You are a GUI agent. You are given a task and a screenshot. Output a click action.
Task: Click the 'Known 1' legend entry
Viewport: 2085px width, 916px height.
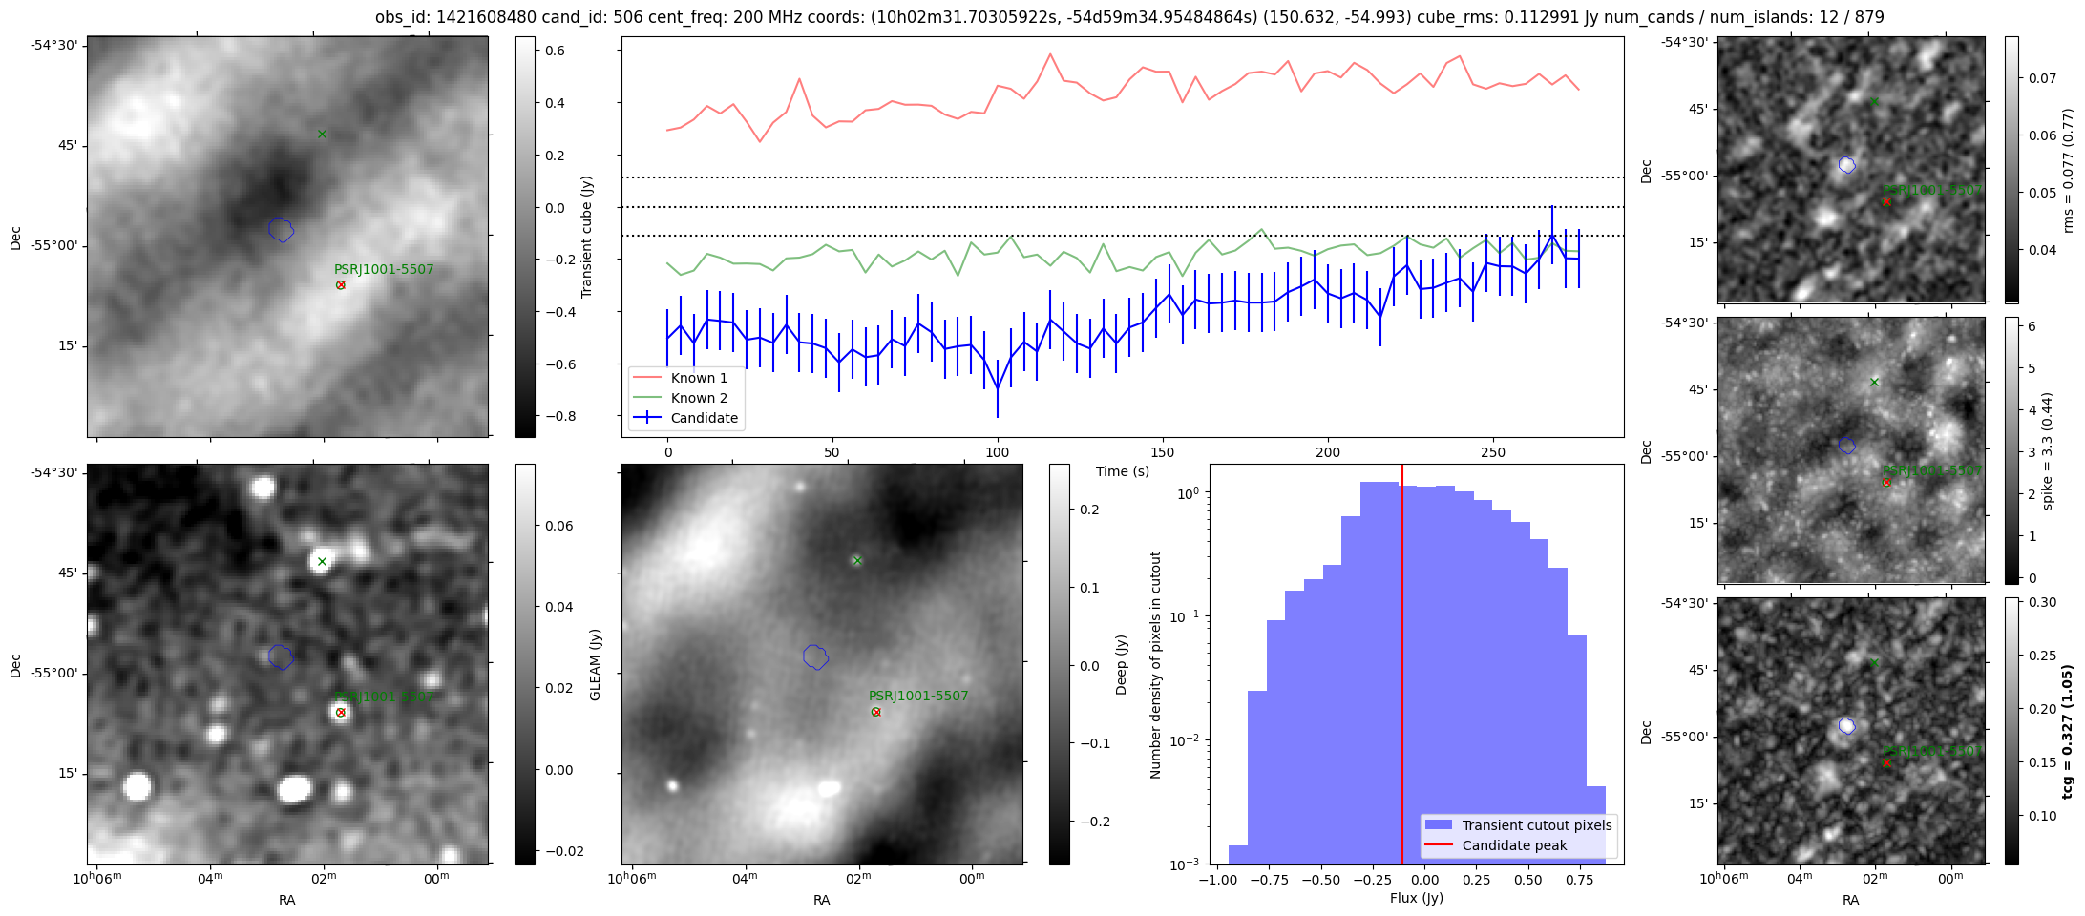coord(699,378)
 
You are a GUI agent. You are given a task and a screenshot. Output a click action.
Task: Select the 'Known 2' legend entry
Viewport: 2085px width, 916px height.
coord(699,398)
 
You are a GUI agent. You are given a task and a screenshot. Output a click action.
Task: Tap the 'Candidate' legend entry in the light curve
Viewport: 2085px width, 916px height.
coord(704,418)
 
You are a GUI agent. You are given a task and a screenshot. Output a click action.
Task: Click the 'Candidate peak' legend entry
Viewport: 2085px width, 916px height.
coord(1514,845)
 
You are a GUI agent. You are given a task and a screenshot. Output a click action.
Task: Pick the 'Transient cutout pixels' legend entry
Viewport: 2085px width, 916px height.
coord(1536,825)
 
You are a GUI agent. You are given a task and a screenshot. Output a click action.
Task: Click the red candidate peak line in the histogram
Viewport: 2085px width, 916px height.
coord(1402,668)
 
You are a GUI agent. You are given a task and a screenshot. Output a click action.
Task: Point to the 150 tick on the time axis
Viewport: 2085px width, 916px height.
coord(1163,452)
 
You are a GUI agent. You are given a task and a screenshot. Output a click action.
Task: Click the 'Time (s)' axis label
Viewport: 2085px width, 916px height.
coord(1123,471)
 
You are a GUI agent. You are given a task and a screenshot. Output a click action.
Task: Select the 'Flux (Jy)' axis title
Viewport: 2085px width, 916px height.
coord(1417,898)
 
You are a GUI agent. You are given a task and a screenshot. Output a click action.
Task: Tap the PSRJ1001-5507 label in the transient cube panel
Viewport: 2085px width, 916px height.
coord(384,269)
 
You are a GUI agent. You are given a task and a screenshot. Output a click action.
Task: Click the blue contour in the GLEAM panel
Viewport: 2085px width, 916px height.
coord(281,656)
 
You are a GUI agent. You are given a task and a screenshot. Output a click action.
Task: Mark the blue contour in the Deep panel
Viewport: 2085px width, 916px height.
coord(815,656)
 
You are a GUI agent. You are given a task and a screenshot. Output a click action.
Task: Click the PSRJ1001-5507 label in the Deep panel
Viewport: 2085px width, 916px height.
coord(918,696)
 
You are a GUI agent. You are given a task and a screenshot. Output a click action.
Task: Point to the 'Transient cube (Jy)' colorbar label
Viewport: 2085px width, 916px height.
coord(587,237)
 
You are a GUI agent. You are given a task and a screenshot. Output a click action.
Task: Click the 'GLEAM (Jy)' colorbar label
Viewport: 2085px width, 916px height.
coord(596,664)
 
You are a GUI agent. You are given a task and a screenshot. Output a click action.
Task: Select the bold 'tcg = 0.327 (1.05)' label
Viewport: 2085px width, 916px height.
coord(2068,731)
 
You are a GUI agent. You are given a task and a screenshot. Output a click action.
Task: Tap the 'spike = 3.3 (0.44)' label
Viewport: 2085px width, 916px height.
coord(2047,450)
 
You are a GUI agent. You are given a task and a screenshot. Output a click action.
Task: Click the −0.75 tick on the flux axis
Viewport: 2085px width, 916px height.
coord(1267,880)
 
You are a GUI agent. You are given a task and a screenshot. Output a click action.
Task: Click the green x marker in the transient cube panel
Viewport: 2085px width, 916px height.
coord(322,135)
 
